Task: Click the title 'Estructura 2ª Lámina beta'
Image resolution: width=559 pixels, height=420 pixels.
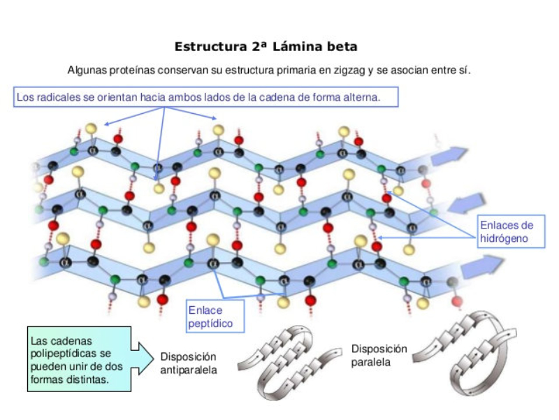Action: (x=266, y=47)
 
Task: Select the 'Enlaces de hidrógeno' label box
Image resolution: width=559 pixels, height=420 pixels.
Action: (x=506, y=231)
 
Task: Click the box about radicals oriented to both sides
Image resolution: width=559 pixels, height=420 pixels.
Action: (x=205, y=97)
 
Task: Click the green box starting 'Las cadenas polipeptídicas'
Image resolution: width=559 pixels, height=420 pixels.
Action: (x=78, y=360)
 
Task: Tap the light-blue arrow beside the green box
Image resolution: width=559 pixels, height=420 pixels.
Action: (x=143, y=357)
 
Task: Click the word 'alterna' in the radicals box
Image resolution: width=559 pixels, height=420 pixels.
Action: (x=363, y=97)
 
